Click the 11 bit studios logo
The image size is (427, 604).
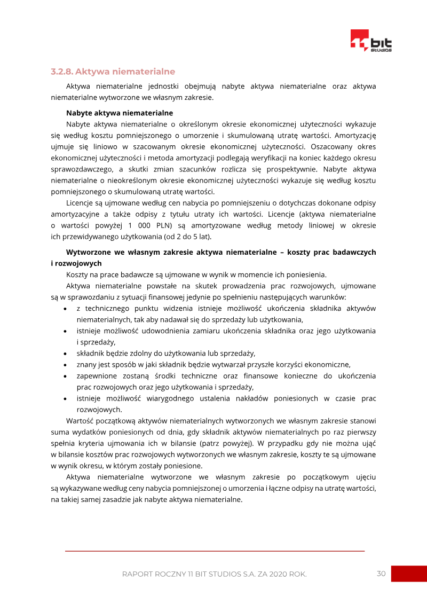point(370,41)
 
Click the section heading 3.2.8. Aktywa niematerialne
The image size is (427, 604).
point(113,72)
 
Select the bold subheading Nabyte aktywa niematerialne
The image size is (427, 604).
point(119,113)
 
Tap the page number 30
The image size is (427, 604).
point(381,574)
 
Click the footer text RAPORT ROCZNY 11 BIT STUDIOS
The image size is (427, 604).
point(214,574)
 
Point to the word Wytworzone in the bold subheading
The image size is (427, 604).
point(86,252)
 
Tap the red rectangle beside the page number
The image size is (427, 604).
point(409,574)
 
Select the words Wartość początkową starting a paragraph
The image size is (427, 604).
point(99,421)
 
